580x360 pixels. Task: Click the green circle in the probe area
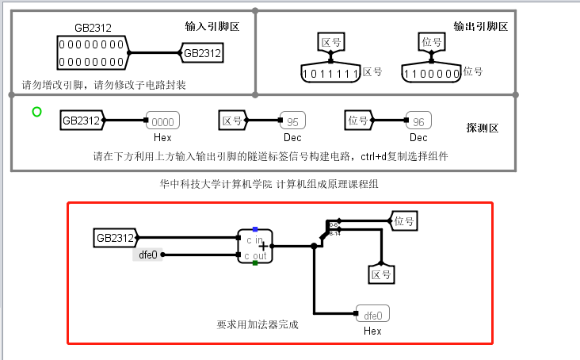pyautogui.click(x=37, y=112)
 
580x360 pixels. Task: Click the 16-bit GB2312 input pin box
pyautogui.click(x=91, y=54)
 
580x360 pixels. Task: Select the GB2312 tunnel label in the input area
pyautogui.click(x=200, y=54)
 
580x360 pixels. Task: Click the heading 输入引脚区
pyautogui.click(x=212, y=26)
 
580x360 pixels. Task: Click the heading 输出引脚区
pyautogui.click(x=480, y=26)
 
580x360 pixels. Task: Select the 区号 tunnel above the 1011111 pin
pyautogui.click(x=331, y=41)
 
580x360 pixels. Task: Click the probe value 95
pyautogui.click(x=292, y=121)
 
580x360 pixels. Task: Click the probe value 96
pyautogui.click(x=418, y=121)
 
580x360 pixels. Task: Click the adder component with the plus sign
pyautogui.click(x=255, y=246)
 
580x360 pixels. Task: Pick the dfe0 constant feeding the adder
pyautogui.click(x=148, y=255)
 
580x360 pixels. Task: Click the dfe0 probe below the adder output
pyautogui.click(x=374, y=313)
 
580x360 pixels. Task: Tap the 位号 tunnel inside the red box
pyautogui.click(x=403, y=220)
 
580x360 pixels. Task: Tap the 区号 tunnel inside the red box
pyautogui.click(x=381, y=274)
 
